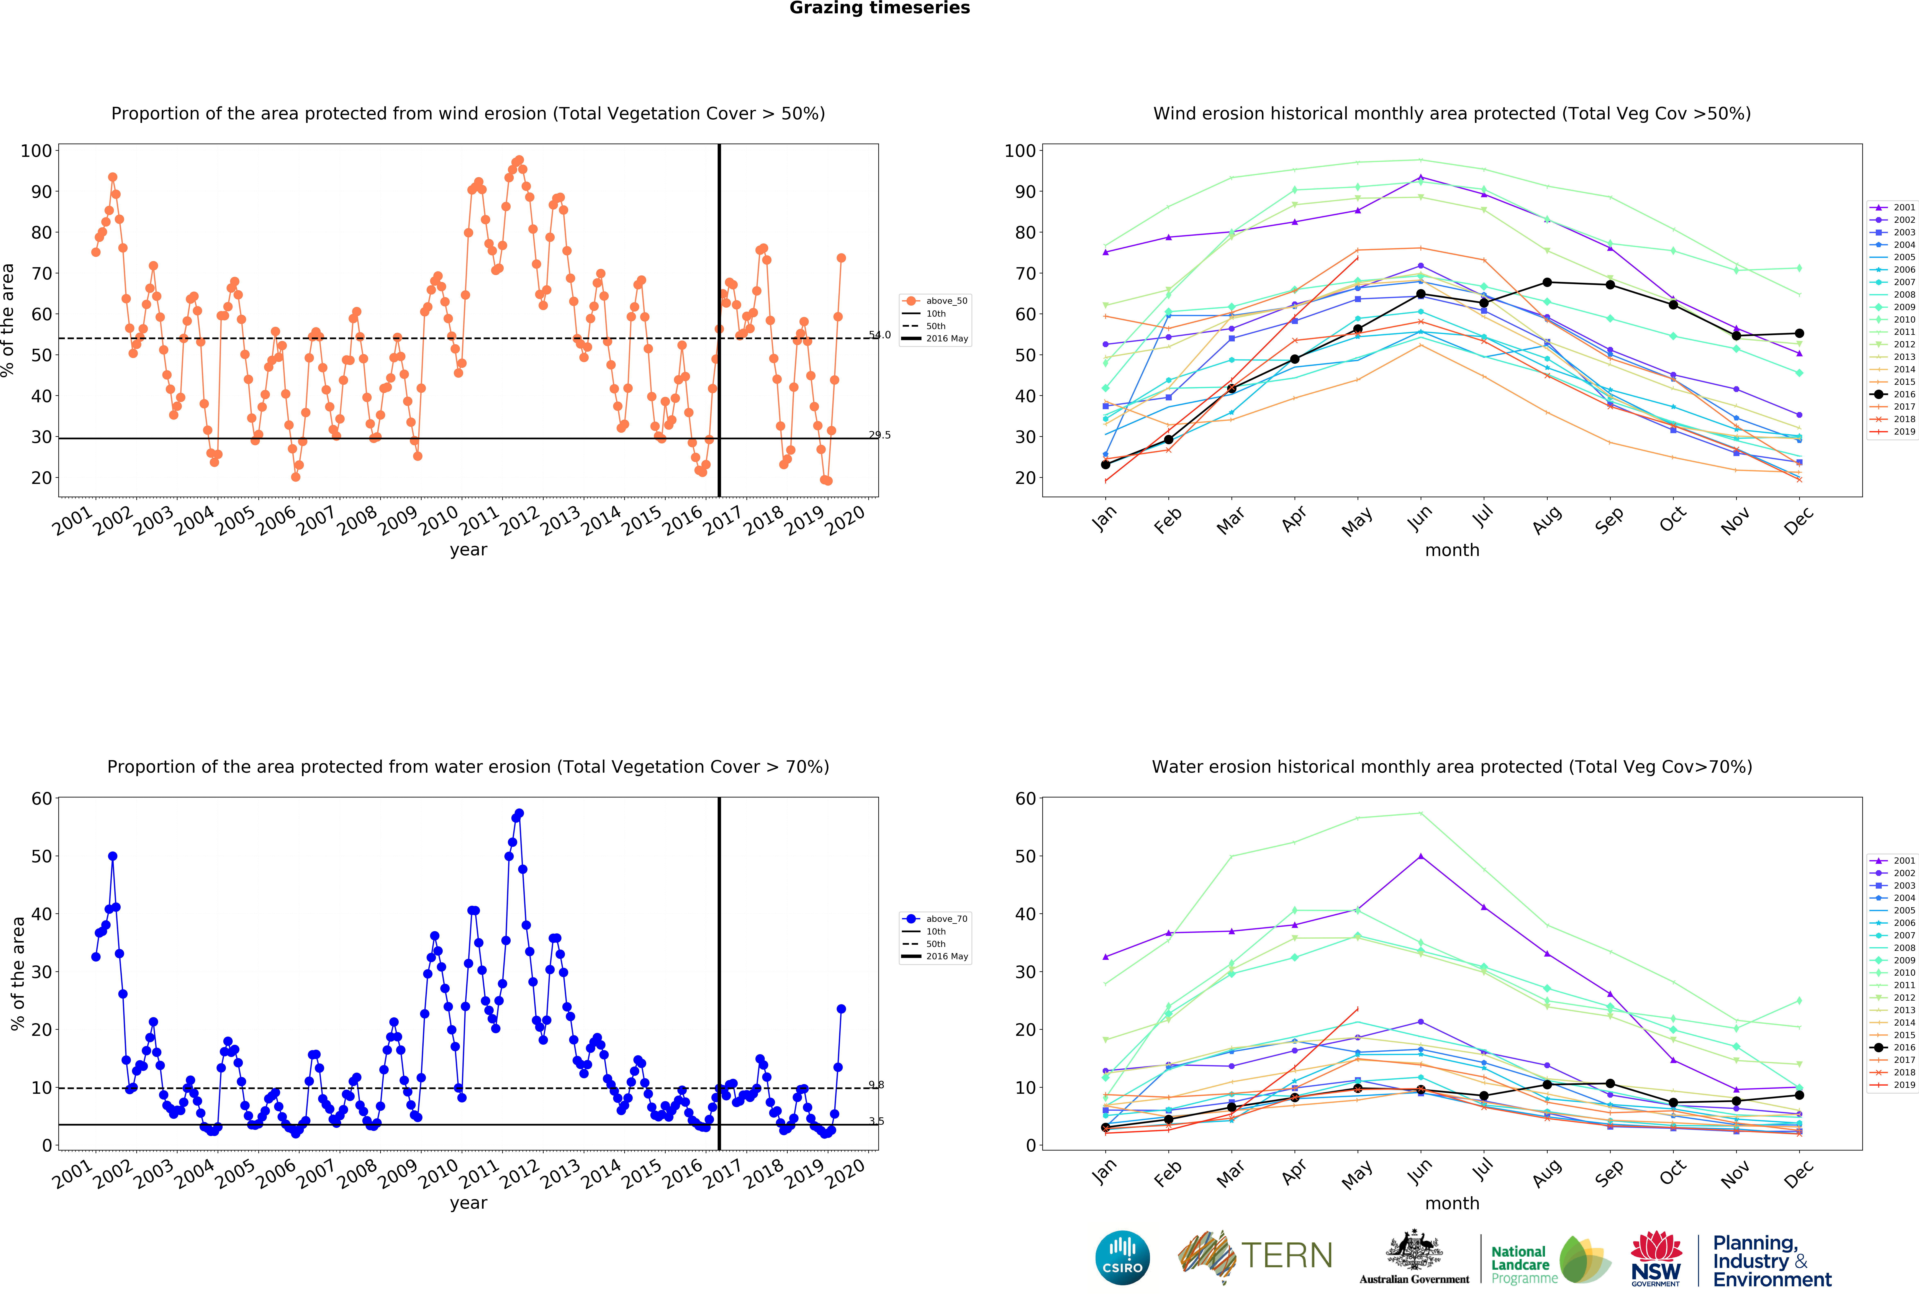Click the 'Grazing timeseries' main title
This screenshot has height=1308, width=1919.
879,8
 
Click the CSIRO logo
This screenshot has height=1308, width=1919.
1122,1258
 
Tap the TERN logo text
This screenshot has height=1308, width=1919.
1287,1256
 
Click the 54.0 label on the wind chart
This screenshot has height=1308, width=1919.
879,335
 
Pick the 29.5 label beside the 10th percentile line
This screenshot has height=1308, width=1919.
879,435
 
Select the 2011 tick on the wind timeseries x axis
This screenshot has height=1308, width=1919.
479,520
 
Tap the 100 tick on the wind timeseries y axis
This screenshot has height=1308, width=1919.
36,151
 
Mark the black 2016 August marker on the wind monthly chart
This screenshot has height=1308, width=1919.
1547,282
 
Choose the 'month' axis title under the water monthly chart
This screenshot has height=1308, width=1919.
1452,1203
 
